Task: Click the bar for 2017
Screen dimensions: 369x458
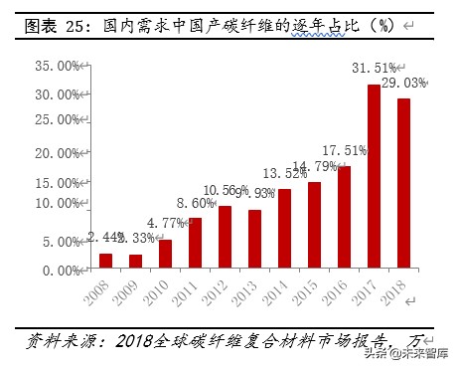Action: pyautogui.click(x=374, y=177)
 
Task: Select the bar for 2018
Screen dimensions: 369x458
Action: pyautogui.click(x=403, y=184)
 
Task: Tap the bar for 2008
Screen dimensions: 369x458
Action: pyautogui.click(x=105, y=261)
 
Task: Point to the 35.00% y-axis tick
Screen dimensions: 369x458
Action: pyautogui.click(x=54, y=67)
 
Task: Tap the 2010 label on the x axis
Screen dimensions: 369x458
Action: pyautogui.click(x=156, y=292)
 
